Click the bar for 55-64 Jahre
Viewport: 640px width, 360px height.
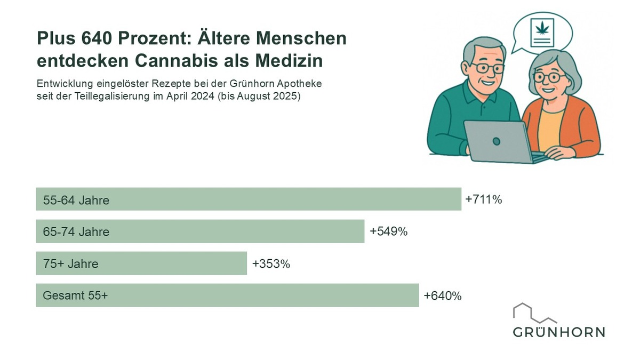pyautogui.click(x=248, y=199)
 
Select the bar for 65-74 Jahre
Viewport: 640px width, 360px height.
pyautogui.click(x=200, y=231)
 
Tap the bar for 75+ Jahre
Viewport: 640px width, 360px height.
pyautogui.click(x=141, y=263)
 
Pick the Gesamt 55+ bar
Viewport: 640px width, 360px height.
pyautogui.click(x=227, y=295)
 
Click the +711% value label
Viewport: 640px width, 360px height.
pyautogui.click(x=484, y=199)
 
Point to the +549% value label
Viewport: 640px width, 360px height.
pyautogui.click(x=388, y=232)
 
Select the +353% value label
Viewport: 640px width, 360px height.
pyautogui.click(x=271, y=264)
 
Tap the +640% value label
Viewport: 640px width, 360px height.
pyautogui.click(x=443, y=296)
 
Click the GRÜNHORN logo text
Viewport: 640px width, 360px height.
pyautogui.click(x=559, y=332)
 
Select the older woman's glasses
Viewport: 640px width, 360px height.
pyautogui.click(x=549, y=77)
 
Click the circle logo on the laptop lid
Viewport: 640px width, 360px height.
pyautogui.click(x=496, y=141)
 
